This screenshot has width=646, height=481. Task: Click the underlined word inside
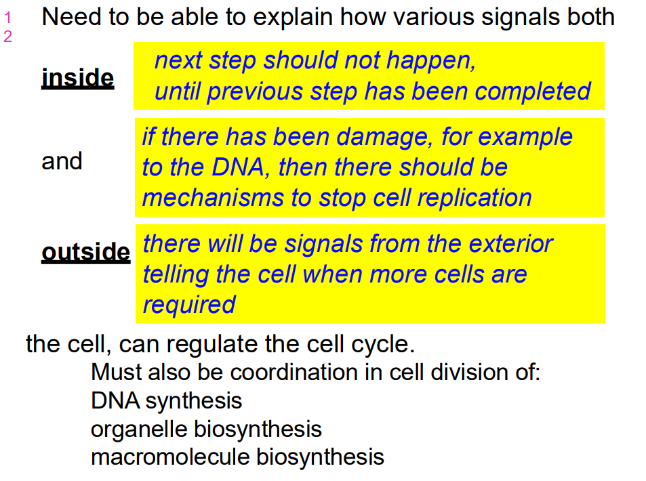77,78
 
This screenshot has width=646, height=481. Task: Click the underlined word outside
85,252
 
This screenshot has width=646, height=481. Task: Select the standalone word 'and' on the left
62,161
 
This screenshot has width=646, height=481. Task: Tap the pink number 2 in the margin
7,37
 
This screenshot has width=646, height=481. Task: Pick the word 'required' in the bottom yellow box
189,304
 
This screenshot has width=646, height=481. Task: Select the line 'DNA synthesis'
166,400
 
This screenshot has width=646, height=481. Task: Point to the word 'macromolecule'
171,457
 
